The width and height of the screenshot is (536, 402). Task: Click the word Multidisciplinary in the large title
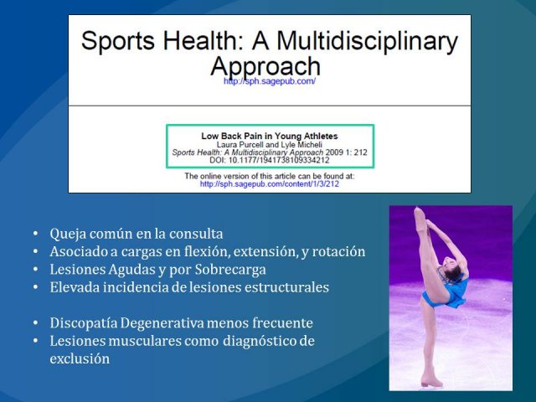(x=367, y=42)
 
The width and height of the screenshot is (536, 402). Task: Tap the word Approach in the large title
(x=265, y=66)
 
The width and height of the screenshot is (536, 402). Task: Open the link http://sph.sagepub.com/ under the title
(x=270, y=81)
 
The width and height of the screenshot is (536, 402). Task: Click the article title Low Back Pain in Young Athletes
(x=270, y=136)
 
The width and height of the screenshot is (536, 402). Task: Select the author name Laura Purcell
(x=240, y=145)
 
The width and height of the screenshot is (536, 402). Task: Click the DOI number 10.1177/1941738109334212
(x=279, y=160)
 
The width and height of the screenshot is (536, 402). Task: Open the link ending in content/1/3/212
(x=270, y=184)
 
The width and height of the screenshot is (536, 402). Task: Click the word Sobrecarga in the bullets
(x=230, y=270)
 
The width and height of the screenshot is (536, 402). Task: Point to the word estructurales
(x=286, y=287)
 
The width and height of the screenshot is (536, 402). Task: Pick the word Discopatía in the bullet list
(x=84, y=323)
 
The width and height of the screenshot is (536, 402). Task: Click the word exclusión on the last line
(x=80, y=359)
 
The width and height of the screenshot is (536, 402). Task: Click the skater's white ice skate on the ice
(x=432, y=379)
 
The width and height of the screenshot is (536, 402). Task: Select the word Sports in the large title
(x=118, y=42)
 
